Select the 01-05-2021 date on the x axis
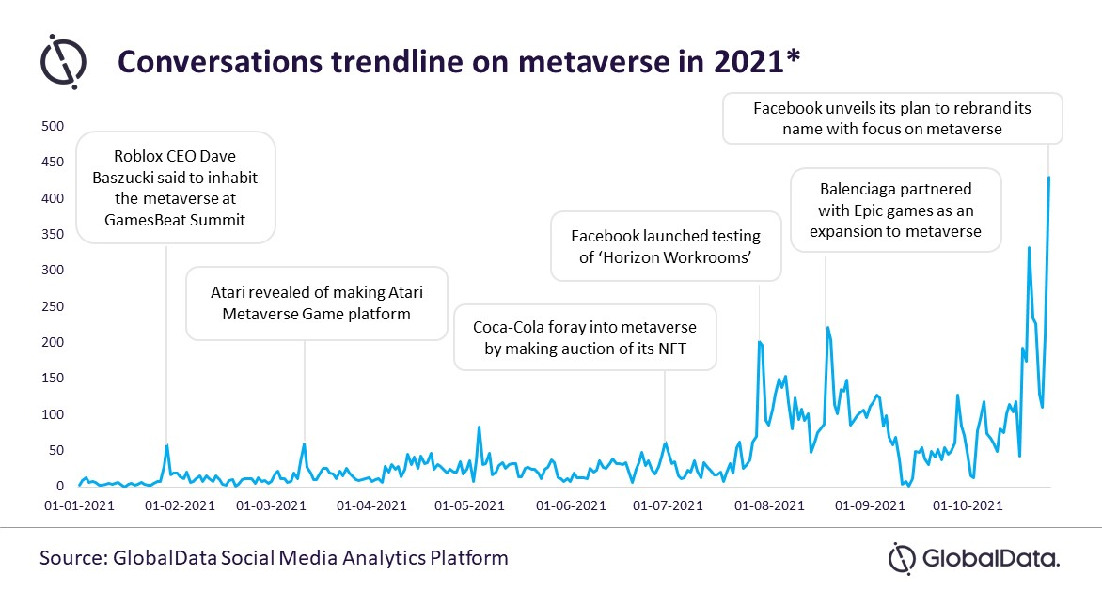click(x=470, y=505)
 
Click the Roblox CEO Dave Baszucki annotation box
click(x=177, y=186)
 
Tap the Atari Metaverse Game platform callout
click(x=317, y=303)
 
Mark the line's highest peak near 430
click(x=1048, y=178)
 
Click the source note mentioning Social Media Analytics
click(x=274, y=557)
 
